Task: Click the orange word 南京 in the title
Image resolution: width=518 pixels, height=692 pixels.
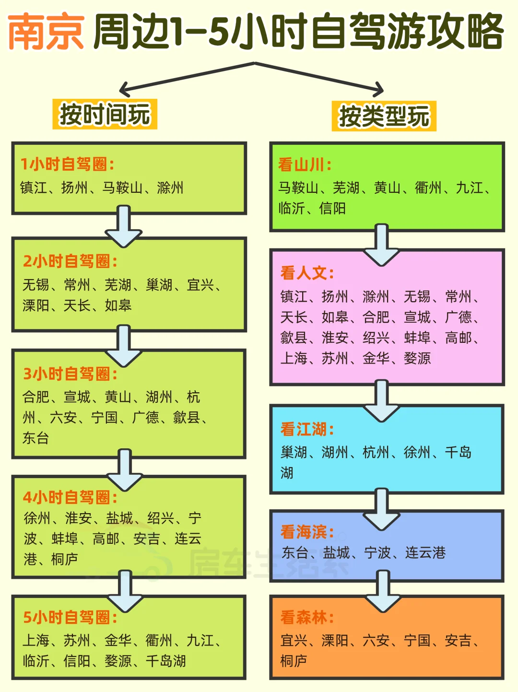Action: coord(46,33)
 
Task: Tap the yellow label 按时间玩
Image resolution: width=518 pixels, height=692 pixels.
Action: coord(105,115)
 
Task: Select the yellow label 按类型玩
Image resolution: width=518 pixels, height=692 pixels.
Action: coord(384,116)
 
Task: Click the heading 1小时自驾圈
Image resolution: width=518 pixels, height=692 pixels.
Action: coord(67,164)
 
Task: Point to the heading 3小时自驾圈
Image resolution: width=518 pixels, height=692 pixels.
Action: coord(70,374)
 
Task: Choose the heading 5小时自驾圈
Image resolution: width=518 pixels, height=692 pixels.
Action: coord(70,617)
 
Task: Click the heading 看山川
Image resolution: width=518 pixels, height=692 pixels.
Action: coord(305,164)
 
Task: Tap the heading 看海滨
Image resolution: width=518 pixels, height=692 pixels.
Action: coord(307,532)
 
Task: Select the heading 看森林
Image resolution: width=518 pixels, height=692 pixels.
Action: coord(307,617)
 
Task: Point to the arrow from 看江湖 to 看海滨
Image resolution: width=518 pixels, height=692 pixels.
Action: coord(382,508)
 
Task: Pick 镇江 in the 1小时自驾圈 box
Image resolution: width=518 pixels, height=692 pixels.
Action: coord(34,188)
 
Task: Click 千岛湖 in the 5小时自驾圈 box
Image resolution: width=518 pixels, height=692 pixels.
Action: coord(166,661)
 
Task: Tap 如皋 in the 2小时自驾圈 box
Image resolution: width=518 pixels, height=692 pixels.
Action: coord(118,305)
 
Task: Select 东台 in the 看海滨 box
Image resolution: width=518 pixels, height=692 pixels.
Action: coord(295,552)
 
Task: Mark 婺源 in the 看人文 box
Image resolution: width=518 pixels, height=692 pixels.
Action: coord(417,358)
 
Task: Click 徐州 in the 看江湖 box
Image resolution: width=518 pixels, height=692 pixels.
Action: coord(417,452)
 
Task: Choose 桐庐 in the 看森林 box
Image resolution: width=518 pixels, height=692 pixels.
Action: coord(294,661)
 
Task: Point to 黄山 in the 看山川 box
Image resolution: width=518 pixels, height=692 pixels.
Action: coord(387,188)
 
